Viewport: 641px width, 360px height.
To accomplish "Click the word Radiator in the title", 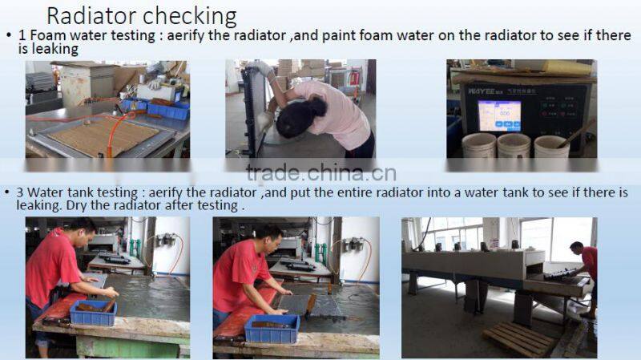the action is (91, 17).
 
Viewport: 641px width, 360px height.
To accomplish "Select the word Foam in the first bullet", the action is (47, 35).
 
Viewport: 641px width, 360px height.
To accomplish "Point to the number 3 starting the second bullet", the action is (20, 192).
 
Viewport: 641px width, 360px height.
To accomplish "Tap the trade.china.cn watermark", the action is (321, 173).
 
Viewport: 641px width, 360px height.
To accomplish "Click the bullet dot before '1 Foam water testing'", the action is (9, 35).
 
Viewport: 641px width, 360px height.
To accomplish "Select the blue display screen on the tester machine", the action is (499, 115).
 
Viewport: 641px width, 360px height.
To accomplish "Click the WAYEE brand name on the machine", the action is (482, 91).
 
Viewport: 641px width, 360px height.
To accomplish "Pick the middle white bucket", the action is (514, 146).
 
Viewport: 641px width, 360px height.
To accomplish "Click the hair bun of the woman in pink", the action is (317, 107).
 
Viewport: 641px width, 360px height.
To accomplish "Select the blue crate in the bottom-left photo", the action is (94, 313).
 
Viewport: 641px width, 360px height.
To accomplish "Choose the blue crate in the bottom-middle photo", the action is (272, 329).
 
